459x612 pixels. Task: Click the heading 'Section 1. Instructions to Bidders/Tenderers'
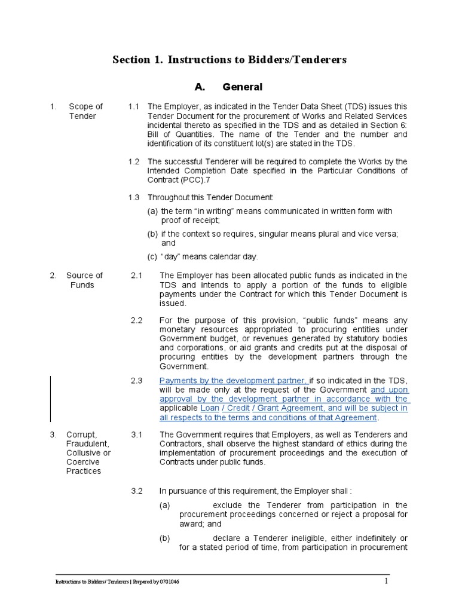(x=230, y=60)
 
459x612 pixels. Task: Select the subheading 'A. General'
(x=230, y=87)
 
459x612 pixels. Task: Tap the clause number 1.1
(x=134, y=106)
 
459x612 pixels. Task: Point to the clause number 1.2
(x=134, y=161)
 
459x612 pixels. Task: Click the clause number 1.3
(x=134, y=197)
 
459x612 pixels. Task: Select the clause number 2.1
(x=137, y=275)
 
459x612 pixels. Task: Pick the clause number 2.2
(x=137, y=320)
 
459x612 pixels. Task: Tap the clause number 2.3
(x=137, y=380)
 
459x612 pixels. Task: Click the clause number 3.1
(x=137, y=434)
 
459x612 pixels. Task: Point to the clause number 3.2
(x=137, y=491)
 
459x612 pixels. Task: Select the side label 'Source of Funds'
(x=84, y=280)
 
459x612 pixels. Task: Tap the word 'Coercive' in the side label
(x=82, y=462)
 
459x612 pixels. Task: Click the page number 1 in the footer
(x=386, y=581)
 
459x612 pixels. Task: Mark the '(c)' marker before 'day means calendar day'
(x=152, y=256)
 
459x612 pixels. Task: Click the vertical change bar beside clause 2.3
(x=50, y=399)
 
